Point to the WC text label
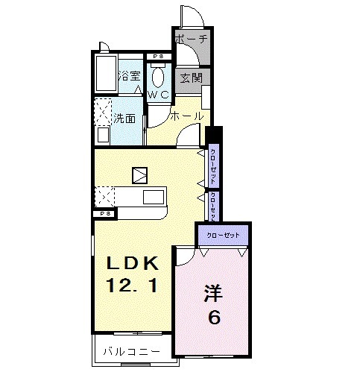click(x=159, y=95)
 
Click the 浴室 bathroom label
click(x=130, y=75)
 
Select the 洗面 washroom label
click(x=124, y=118)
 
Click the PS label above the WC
click(x=158, y=57)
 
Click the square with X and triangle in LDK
click(x=140, y=176)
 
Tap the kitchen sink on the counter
click(x=154, y=197)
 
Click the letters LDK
click(x=132, y=263)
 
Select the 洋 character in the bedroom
click(x=214, y=293)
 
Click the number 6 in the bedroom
click(x=214, y=318)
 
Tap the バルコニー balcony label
click(x=131, y=350)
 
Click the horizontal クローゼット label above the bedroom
click(x=224, y=235)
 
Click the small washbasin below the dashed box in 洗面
click(x=103, y=135)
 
